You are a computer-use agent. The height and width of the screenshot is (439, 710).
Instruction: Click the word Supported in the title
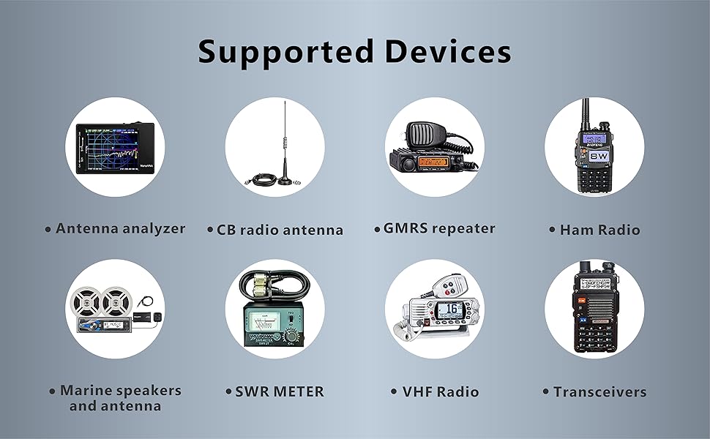285,53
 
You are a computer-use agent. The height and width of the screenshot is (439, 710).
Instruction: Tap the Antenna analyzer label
121,228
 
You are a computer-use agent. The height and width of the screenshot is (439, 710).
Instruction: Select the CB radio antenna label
280,230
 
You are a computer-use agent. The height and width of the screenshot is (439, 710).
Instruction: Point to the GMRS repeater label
439,228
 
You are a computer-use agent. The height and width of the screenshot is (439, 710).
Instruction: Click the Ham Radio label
600,230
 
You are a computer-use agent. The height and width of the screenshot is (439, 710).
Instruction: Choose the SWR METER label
280,391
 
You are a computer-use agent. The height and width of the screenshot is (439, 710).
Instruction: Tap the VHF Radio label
441,391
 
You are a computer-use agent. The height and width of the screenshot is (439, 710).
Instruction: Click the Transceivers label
600,391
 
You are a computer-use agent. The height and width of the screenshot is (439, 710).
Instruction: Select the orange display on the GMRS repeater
433,162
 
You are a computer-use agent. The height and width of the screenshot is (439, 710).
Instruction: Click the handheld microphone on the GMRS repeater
424,136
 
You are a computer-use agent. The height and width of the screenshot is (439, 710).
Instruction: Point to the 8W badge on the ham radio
599,156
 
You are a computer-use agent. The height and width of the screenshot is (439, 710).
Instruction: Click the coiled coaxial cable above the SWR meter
274,285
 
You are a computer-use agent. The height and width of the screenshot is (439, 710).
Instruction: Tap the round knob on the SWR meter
291,336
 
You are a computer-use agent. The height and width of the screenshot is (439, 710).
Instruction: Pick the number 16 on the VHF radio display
452,309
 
